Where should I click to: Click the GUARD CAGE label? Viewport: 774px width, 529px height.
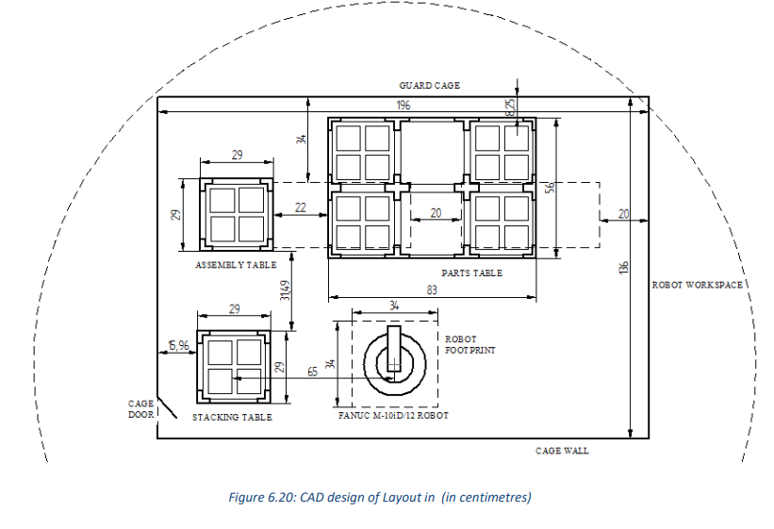pos(430,86)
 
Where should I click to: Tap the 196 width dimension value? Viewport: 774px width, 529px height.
pos(403,106)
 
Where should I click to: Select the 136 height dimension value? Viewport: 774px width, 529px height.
pos(624,267)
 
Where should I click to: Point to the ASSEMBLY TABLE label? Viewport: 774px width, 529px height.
pos(236,265)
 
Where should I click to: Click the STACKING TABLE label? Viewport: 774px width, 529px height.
pos(232,418)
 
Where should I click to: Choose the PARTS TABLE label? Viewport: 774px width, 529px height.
pos(472,273)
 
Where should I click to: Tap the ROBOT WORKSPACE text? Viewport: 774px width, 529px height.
pos(697,285)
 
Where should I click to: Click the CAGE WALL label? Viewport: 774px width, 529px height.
pos(562,451)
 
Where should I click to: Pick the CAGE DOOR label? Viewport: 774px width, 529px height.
pos(141,409)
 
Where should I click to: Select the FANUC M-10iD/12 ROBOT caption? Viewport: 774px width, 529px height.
pos(393,416)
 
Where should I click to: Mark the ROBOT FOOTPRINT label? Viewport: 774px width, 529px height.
pos(469,345)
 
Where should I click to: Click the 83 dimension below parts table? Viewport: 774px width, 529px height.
pos(432,289)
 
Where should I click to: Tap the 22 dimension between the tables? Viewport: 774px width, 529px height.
pos(301,207)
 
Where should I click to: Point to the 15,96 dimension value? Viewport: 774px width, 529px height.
pos(178,345)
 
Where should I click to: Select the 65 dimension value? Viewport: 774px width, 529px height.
pos(312,372)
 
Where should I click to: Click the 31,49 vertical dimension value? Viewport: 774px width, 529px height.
pos(285,290)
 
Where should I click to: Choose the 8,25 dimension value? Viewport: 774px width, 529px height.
pos(510,107)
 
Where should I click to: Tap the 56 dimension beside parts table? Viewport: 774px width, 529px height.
pos(551,189)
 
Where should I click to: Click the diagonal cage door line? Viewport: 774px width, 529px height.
pos(167,407)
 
